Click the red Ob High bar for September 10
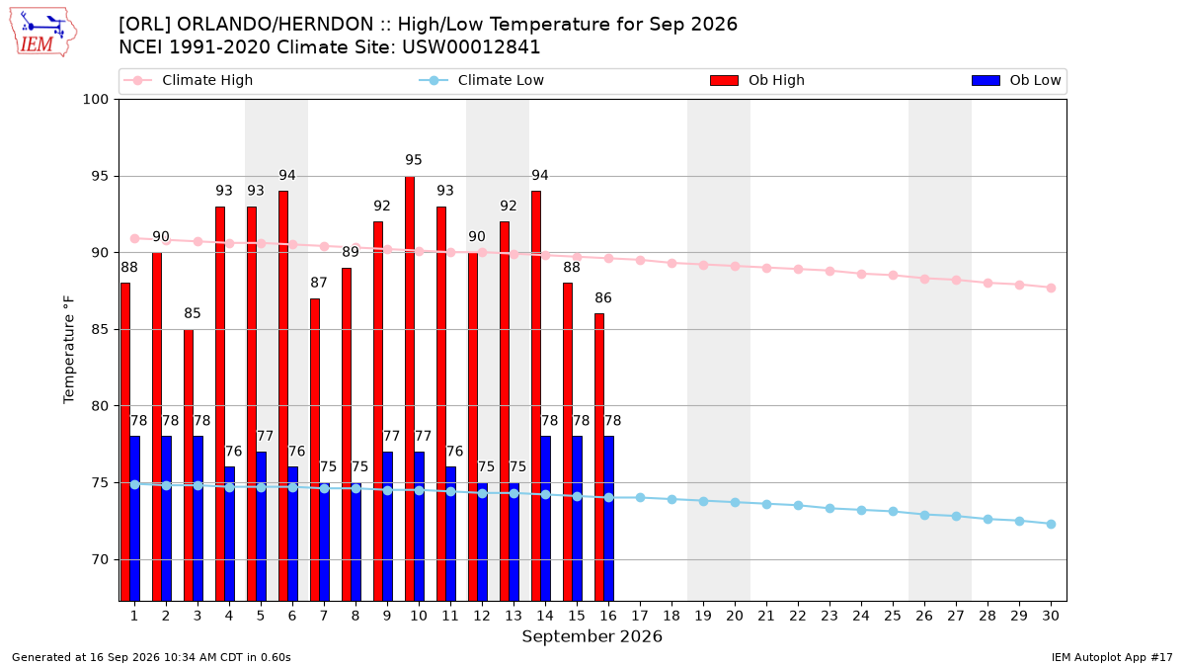[410, 388]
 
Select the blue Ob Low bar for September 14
[545, 519]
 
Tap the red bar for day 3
[189, 465]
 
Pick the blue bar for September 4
[229, 535]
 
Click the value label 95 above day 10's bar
[414, 160]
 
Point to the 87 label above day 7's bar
[318, 283]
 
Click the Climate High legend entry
[189, 80]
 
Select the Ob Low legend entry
[1016, 80]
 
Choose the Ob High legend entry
[757, 80]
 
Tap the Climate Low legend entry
[482, 80]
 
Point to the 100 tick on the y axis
[95, 100]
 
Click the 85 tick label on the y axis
[100, 329]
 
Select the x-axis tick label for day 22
[798, 616]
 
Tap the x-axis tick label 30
[1051, 616]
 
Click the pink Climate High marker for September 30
[1051, 288]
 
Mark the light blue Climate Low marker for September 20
[735, 502]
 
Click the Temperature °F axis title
[69, 350]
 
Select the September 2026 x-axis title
[592, 636]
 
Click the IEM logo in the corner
[43, 33]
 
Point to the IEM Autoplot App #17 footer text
[1112, 657]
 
